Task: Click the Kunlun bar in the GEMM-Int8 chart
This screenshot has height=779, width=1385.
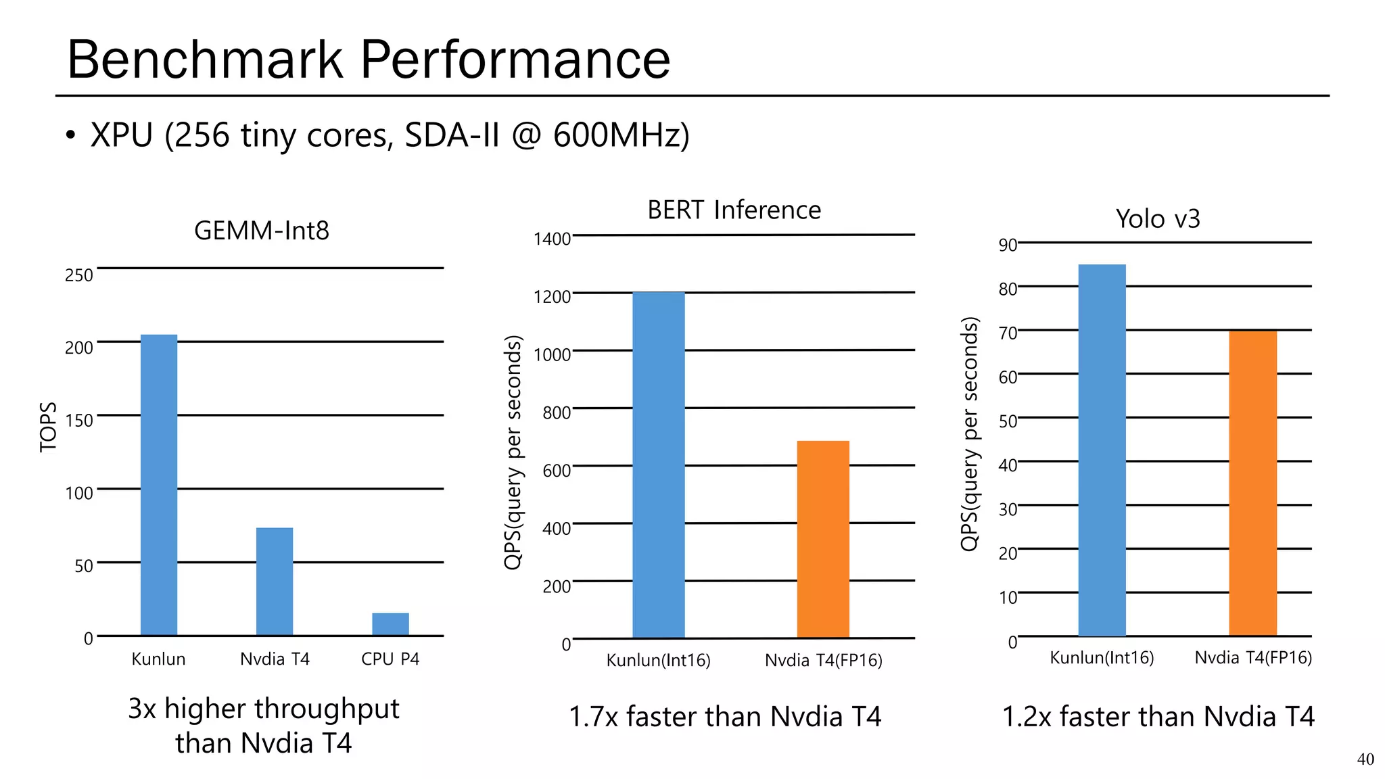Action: [x=159, y=485]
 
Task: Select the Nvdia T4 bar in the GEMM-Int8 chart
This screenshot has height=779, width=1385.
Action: [x=275, y=582]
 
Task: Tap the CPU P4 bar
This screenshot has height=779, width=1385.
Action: [x=390, y=624]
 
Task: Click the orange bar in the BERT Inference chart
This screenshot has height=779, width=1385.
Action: [x=823, y=539]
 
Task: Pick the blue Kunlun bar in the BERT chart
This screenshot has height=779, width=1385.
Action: [x=659, y=465]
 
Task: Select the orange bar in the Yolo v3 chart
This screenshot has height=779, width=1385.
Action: [x=1252, y=483]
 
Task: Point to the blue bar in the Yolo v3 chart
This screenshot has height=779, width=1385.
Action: [x=1102, y=450]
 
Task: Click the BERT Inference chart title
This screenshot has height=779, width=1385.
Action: [x=734, y=210]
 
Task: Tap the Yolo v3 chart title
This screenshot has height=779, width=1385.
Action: [x=1158, y=219]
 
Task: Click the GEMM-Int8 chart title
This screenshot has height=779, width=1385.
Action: [x=262, y=231]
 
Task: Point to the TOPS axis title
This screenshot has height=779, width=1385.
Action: [x=48, y=427]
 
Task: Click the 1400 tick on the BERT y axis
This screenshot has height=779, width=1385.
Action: [x=552, y=239]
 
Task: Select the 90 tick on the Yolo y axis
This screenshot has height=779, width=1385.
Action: [x=1008, y=245]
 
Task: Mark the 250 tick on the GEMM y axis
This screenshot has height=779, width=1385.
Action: [x=78, y=275]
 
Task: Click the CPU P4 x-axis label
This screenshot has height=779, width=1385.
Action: [x=390, y=659]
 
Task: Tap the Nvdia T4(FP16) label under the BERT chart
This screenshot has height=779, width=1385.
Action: [x=823, y=661]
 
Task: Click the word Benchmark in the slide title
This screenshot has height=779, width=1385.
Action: [x=205, y=60]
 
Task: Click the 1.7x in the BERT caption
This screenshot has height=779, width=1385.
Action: [x=593, y=717]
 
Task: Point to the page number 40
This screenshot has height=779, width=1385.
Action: [x=1365, y=759]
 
